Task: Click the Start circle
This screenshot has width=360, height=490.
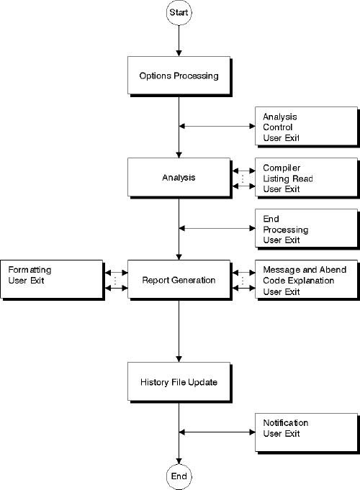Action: click(179, 13)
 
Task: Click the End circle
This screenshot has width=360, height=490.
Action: click(179, 476)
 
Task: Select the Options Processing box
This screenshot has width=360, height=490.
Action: click(178, 76)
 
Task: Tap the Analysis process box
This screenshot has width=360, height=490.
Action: click(178, 176)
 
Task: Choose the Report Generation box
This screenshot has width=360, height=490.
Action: click(178, 279)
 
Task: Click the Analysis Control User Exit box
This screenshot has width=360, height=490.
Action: click(306, 126)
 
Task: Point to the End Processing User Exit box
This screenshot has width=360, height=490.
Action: click(306, 229)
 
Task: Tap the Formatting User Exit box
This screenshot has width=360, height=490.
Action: click(52, 279)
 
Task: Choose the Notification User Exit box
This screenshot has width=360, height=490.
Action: click(306, 432)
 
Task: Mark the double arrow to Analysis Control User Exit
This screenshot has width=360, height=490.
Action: click(217, 127)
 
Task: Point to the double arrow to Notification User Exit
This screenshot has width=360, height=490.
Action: click(217, 432)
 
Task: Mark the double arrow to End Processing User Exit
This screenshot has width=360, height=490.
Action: click(217, 229)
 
